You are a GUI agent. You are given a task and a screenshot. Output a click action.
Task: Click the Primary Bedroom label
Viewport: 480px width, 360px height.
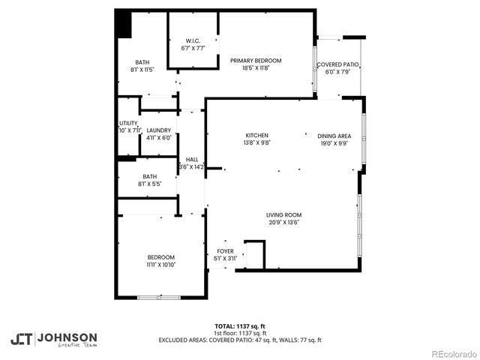coord(256,61)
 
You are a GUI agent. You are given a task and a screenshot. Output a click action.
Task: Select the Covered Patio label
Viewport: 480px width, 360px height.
coord(337,65)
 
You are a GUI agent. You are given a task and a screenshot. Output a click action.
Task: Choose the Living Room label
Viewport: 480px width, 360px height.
coord(283,215)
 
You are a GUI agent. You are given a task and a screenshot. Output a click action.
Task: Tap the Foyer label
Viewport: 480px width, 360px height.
coord(226,251)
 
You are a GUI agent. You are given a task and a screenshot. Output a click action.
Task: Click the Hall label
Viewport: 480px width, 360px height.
coord(192,160)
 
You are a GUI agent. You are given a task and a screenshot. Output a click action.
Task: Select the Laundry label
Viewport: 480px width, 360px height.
coord(158,130)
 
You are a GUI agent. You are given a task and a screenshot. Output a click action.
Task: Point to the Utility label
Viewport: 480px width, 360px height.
coord(128,124)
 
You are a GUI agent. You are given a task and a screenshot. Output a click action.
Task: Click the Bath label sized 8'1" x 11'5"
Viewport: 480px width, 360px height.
coord(142,62)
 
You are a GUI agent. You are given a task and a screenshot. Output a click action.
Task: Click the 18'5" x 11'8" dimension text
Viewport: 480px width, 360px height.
coord(256,68)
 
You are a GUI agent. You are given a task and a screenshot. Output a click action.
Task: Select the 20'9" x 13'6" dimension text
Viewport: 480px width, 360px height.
coord(283,223)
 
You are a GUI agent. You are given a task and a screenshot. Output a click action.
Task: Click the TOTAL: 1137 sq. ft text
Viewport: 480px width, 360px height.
coord(239,326)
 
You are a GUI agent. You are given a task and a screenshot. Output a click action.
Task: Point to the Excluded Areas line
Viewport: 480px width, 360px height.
coord(239,340)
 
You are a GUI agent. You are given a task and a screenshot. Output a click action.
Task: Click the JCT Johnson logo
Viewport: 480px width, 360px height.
coord(53,338)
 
